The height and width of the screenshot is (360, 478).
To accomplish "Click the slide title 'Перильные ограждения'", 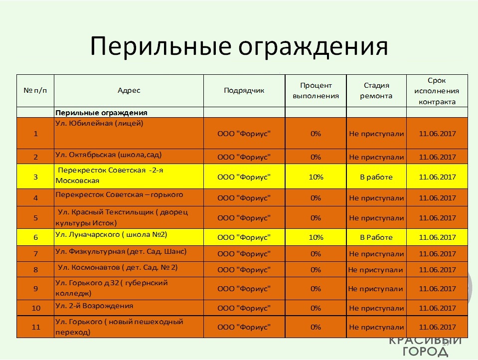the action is point(239,46).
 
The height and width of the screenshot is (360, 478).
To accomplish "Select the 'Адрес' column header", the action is point(129,90).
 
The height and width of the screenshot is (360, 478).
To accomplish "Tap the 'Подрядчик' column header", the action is point(244,90).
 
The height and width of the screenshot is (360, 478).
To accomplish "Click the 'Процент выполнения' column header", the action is point(316,91).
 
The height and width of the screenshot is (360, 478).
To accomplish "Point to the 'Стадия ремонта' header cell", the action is point(376,91).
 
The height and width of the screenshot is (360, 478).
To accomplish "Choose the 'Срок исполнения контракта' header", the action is point(437,91).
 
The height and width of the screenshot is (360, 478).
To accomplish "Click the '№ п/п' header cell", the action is point(35,90).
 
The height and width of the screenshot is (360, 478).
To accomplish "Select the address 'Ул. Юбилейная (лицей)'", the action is point(99,123).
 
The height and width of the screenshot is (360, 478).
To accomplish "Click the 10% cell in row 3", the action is point(316,177).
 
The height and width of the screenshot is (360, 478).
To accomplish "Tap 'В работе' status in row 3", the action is point(376,177).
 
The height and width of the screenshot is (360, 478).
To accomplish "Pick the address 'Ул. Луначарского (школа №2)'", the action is point(111,235).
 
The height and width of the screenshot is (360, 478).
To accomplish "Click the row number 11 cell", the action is point(36,327).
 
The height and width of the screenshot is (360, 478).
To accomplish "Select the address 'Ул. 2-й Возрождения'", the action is point(94,306).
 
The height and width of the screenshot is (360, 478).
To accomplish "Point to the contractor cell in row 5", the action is point(244,218).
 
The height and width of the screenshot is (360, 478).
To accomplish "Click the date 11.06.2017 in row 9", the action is point(437,289).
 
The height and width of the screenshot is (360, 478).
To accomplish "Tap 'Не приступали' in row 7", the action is point(376,254).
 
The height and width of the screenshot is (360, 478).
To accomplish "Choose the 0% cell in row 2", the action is point(316,157).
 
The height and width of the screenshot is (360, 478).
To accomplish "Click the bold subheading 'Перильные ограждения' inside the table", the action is point(101,113).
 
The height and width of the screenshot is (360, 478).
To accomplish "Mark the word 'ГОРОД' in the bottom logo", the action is point(425,352).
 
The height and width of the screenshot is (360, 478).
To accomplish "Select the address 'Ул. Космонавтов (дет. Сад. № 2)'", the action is point(117,268).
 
